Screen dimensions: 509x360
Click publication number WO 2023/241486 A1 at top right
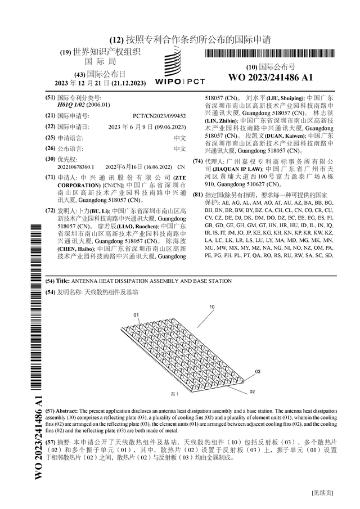point(270,78)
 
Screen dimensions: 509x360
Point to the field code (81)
point(197,195)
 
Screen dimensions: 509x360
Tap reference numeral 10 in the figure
point(212,307)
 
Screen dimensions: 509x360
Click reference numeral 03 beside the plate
point(258,372)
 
